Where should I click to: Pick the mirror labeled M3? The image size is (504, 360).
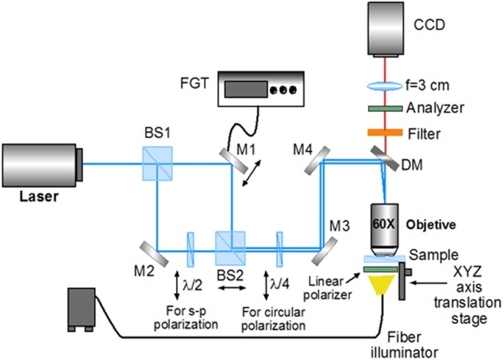pyautogui.click(x=324, y=250)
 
